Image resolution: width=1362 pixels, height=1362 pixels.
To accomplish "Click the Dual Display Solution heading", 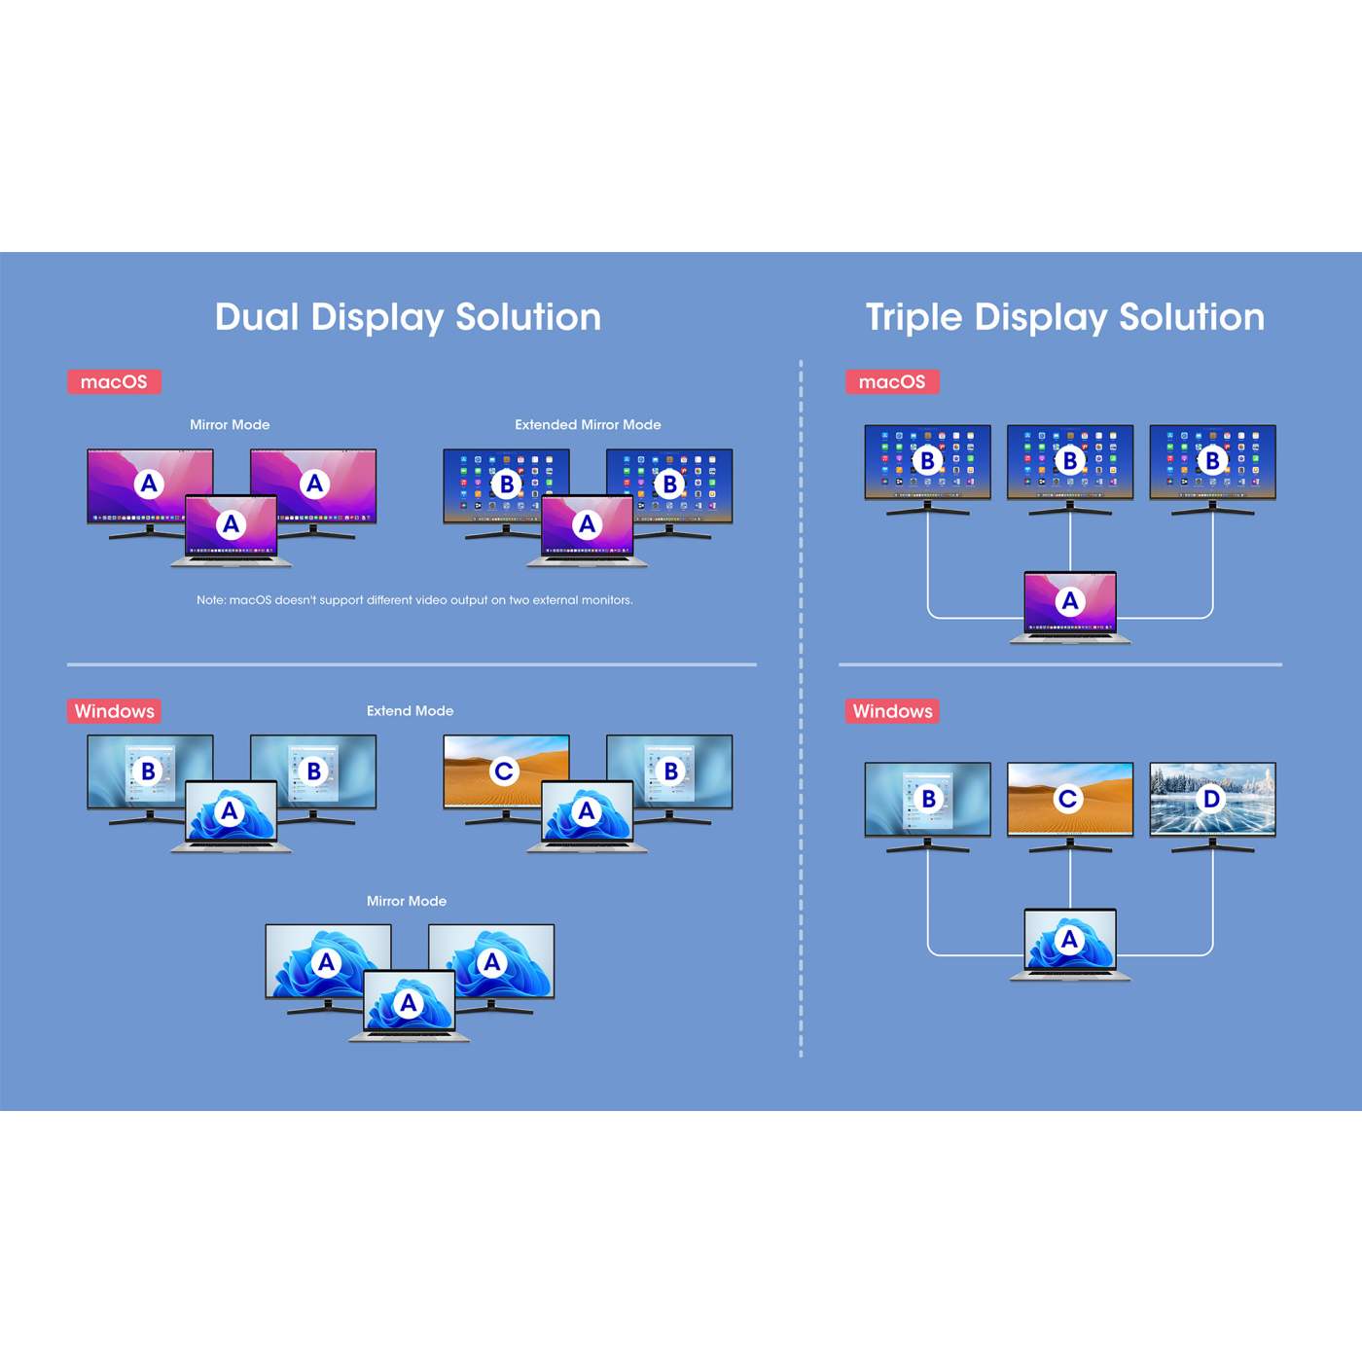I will coord(408,318).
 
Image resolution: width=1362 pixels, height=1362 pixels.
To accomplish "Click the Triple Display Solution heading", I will coord(1064,318).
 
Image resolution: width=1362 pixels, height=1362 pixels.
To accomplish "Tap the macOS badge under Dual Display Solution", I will coord(114,381).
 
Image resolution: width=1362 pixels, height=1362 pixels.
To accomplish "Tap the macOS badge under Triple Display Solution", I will coord(892,381).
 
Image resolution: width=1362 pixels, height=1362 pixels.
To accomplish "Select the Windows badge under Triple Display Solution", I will coord(892,711).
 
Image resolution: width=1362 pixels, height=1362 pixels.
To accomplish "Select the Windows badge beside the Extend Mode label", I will coord(114,711).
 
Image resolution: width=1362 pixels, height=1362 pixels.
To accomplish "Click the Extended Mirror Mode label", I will coord(588,425).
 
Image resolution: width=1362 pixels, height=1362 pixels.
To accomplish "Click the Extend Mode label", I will coord(410,711).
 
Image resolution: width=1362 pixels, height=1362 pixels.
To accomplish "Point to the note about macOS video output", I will coord(414,600).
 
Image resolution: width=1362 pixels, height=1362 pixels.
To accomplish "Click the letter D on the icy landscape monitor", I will coord(1211,799).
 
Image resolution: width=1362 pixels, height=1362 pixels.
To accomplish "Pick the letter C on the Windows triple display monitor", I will coord(1068,799).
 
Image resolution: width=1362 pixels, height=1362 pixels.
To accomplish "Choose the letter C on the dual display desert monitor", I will coord(504,771).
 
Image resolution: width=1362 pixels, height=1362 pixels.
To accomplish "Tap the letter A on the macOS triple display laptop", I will coord(1070,601).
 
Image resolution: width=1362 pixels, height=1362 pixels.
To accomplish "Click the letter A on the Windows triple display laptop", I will coord(1070,939).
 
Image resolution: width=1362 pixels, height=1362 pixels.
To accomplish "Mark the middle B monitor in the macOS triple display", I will coord(1070,463).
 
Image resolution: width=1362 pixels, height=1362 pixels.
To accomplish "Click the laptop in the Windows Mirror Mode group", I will coord(409,1004).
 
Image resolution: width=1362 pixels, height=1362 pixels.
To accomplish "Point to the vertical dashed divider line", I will coord(801,710).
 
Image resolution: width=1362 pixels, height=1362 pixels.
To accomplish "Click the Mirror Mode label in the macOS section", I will coord(230,425).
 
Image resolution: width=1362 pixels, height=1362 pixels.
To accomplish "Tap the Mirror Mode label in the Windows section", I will coord(407,902).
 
